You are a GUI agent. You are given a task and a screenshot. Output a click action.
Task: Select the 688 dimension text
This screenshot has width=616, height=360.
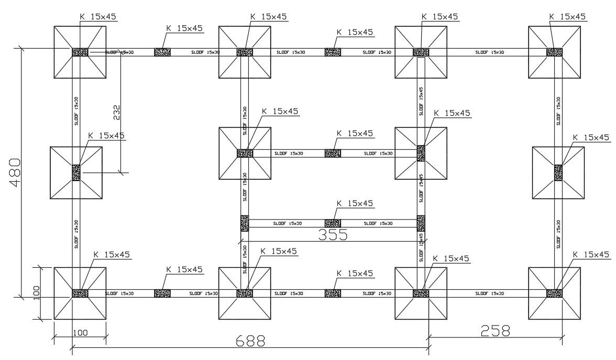tap(250, 341)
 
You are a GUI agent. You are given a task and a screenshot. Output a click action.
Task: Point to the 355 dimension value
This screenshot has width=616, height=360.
tap(333, 234)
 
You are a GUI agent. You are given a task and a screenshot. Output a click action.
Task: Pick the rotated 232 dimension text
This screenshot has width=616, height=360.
tap(116, 112)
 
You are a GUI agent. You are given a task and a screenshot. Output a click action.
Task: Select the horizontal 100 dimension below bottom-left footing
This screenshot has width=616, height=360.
tap(81, 332)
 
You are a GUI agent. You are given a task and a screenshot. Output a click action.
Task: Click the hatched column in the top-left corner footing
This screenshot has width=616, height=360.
tap(80, 52)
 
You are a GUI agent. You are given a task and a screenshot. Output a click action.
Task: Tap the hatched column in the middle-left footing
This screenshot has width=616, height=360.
tap(76, 172)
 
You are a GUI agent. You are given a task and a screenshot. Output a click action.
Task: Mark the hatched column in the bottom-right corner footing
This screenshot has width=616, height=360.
tap(554, 293)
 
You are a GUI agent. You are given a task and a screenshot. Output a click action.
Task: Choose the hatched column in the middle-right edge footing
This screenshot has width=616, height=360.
tap(558, 172)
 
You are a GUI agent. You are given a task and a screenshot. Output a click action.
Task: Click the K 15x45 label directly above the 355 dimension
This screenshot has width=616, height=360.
tap(355, 203)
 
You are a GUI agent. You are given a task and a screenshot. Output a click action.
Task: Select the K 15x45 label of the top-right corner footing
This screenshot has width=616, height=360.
tap(567, 17)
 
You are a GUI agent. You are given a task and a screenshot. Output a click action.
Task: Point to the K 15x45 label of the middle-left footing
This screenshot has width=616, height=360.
tap(106, 135)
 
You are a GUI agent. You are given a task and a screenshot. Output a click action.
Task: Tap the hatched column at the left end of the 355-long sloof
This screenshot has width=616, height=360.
tap(244, 223)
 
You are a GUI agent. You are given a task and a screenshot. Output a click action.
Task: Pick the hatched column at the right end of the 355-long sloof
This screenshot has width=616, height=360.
tap(421, 223)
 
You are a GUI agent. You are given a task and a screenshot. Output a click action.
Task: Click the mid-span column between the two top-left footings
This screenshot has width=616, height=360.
tap(162, 52)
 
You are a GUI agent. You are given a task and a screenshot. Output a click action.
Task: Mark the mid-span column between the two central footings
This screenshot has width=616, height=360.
tap(333, 154)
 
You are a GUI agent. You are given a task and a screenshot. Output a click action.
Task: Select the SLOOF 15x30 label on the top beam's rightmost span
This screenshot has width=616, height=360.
tap(490, 52)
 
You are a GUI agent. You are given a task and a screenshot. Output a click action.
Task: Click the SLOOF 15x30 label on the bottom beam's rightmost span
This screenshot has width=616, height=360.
tap(490, 294)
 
